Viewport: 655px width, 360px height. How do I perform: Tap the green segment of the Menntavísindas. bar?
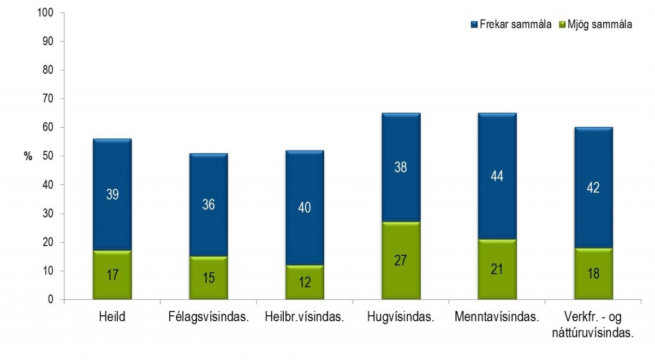click(497, 269)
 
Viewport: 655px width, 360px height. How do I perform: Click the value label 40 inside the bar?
click(305, 208)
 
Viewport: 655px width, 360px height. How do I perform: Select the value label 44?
click(497, 176)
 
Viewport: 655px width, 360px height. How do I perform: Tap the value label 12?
click(305, 283)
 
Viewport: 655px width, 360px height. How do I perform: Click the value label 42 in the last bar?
click(593, 188)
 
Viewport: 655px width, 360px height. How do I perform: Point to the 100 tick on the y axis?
click(46, 13)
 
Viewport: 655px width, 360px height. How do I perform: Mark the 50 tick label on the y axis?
click(48, 156)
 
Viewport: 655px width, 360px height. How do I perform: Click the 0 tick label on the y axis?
click(51, 299)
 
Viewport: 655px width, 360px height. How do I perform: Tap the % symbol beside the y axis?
click(28, 157)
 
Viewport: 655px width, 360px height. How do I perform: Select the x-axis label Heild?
click(112, 317)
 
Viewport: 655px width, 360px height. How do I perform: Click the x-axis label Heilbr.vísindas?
click(305, 317)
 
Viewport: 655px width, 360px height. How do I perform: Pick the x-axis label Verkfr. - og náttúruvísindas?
click(593, 325)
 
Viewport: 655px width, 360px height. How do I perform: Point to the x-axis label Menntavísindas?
click(497, 317)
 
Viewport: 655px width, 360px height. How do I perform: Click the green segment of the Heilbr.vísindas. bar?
click(305, 283)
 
